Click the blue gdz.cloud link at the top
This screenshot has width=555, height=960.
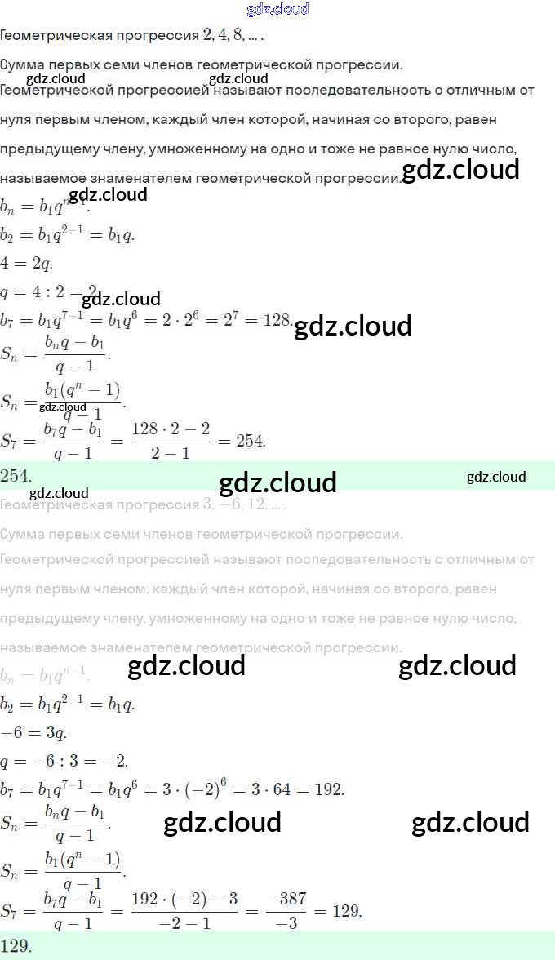277,10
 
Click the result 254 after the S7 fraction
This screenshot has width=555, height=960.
251,441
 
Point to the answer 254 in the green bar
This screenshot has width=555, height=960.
16,475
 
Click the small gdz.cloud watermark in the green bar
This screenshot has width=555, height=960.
496,477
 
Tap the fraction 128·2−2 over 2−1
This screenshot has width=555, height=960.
170,441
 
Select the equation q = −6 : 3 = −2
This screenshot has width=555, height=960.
64,762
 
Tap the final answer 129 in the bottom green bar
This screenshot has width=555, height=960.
16,947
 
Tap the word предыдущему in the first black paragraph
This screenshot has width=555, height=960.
49,149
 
